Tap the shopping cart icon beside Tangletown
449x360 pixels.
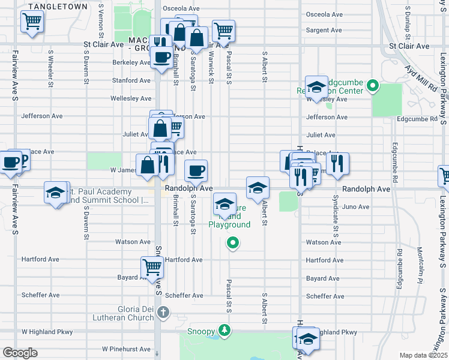[31, 22]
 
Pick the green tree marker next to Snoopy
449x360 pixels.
[224, 330]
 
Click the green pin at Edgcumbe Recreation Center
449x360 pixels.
[373, 86]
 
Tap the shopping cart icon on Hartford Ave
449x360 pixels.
[152, 266]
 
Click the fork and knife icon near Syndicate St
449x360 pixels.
[338, 163]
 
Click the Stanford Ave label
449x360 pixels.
[131, 80]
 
